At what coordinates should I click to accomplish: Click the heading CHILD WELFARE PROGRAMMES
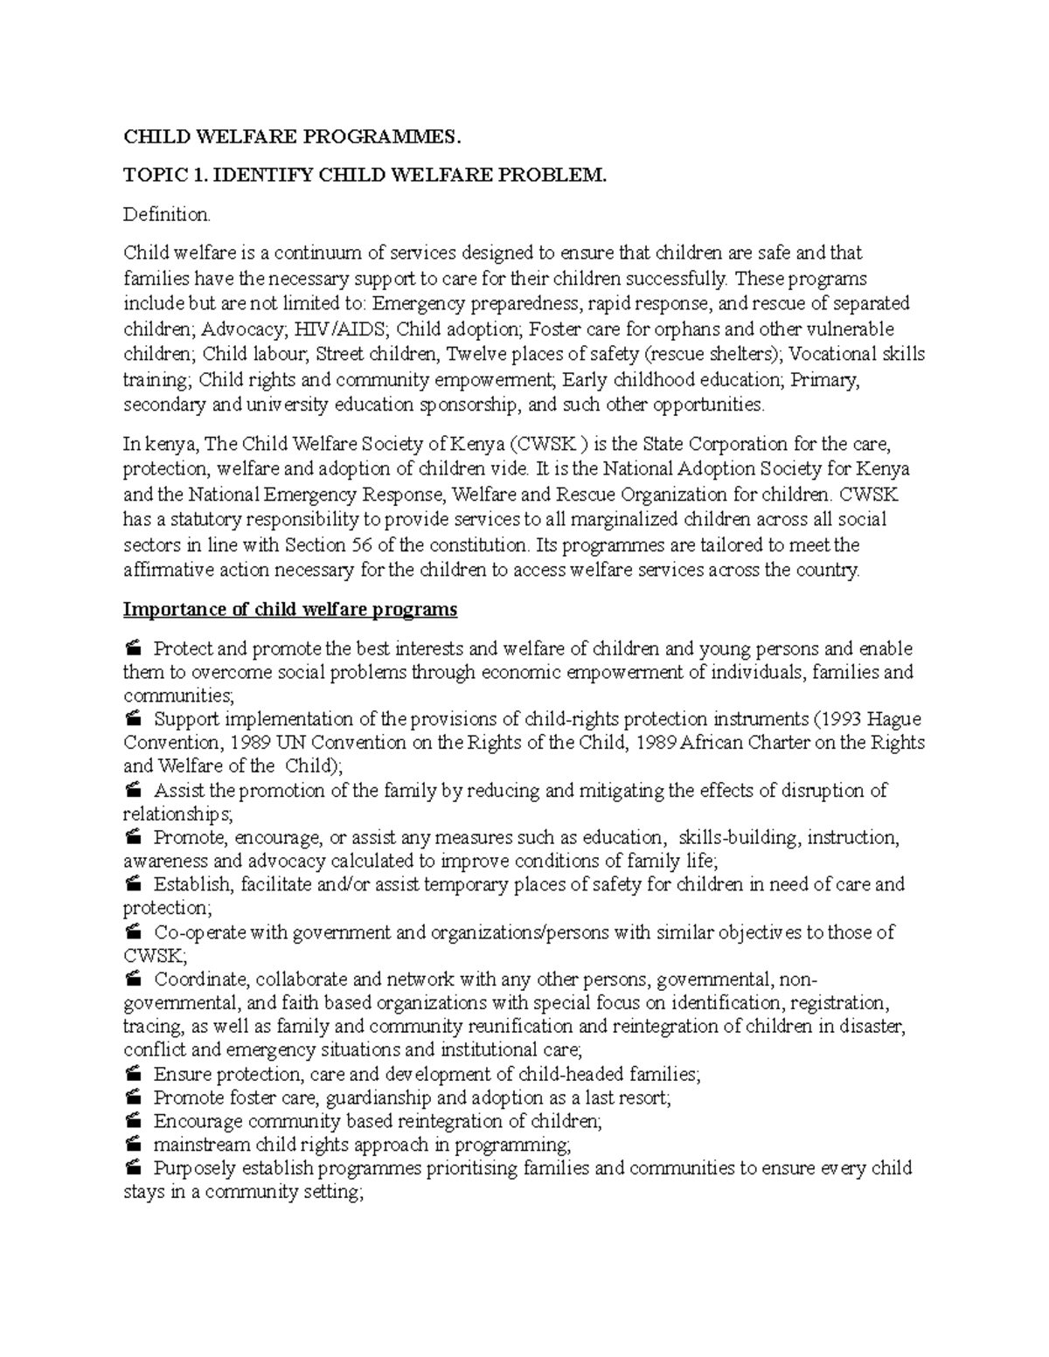click(x=290, y=137)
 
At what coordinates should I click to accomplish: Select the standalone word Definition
click(x=166, y=214)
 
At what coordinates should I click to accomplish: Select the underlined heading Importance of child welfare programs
click(x=290, y=610)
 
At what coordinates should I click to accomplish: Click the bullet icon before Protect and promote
click(x=133, y=649)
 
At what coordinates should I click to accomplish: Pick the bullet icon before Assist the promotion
click(x=133, y=791)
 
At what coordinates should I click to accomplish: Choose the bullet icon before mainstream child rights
click(x=133, y=1145)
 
